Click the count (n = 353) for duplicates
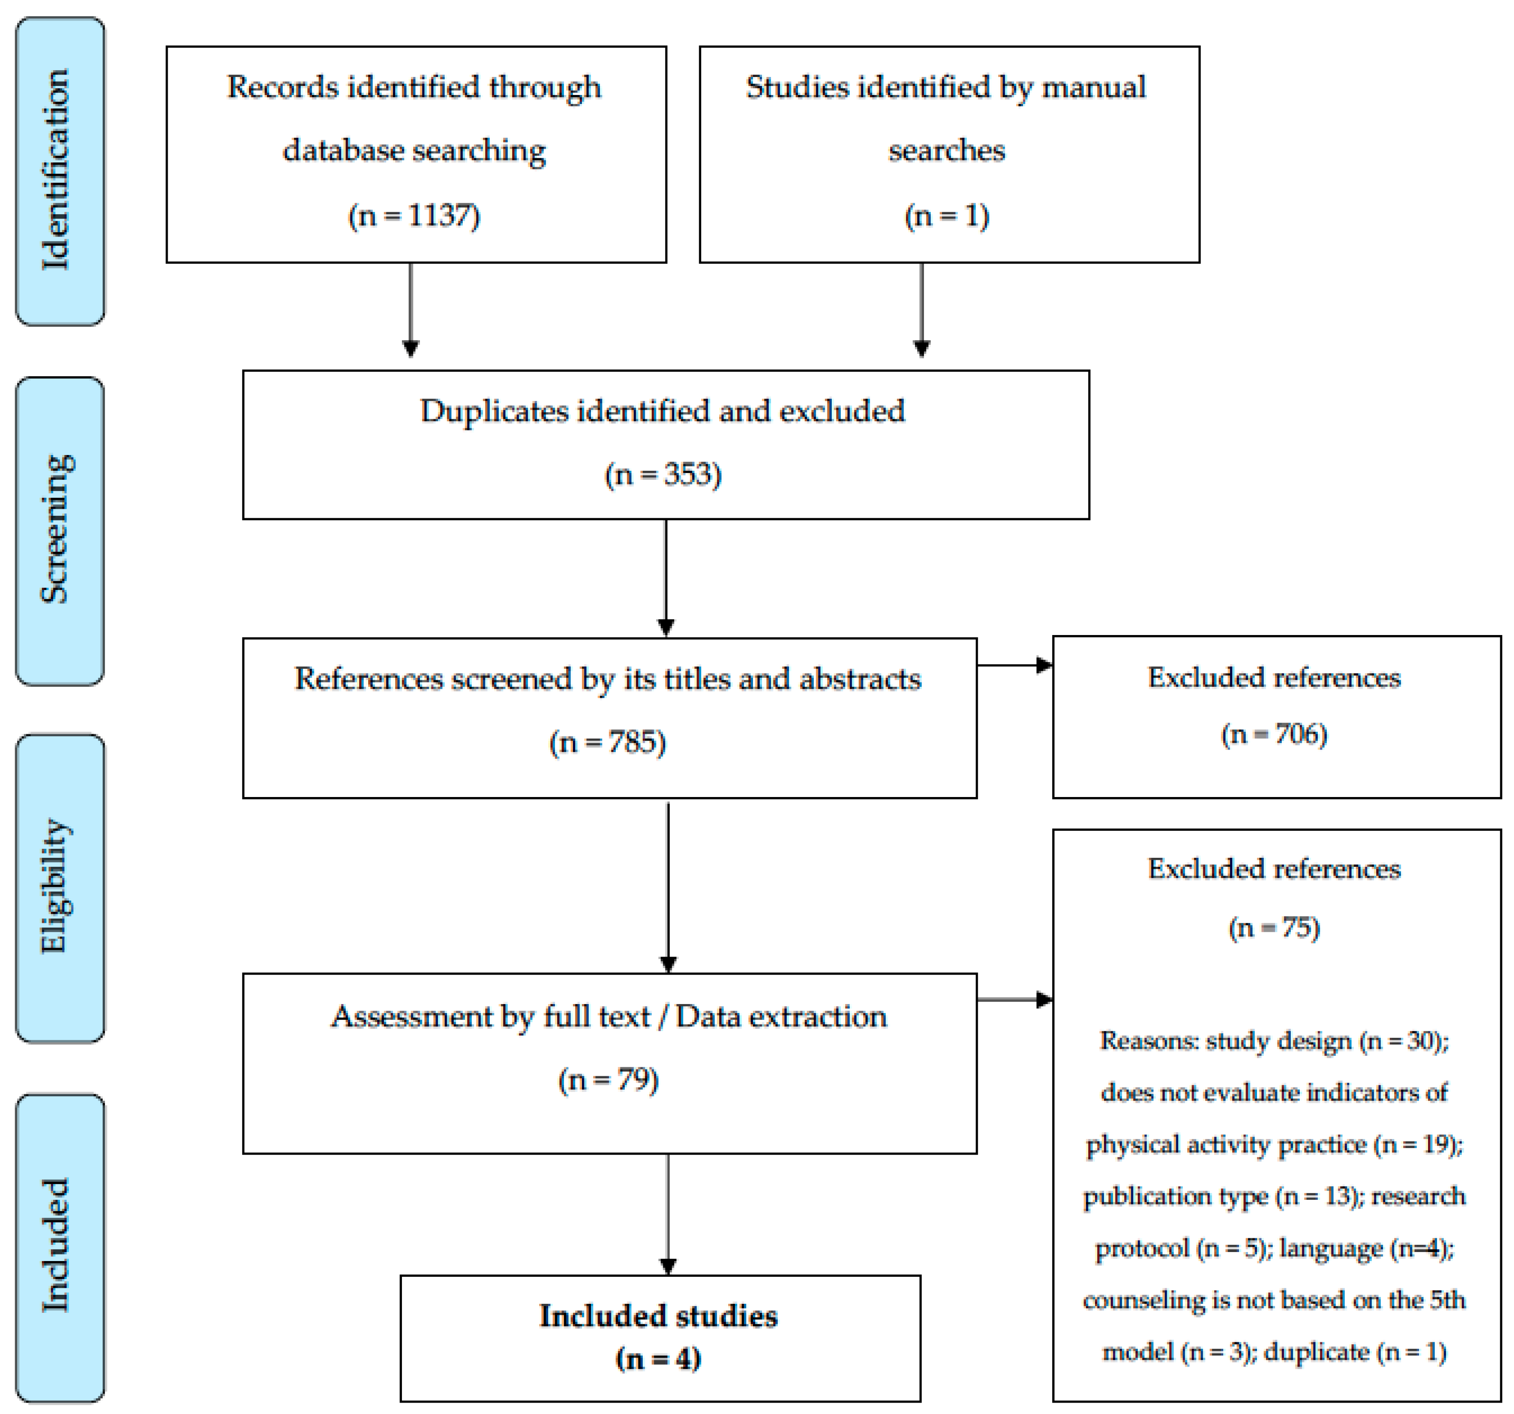pos(663,474)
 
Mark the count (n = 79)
pos(608,1079)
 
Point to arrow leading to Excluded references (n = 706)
pos(1014,665)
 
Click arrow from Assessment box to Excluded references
pos(1014,999)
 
